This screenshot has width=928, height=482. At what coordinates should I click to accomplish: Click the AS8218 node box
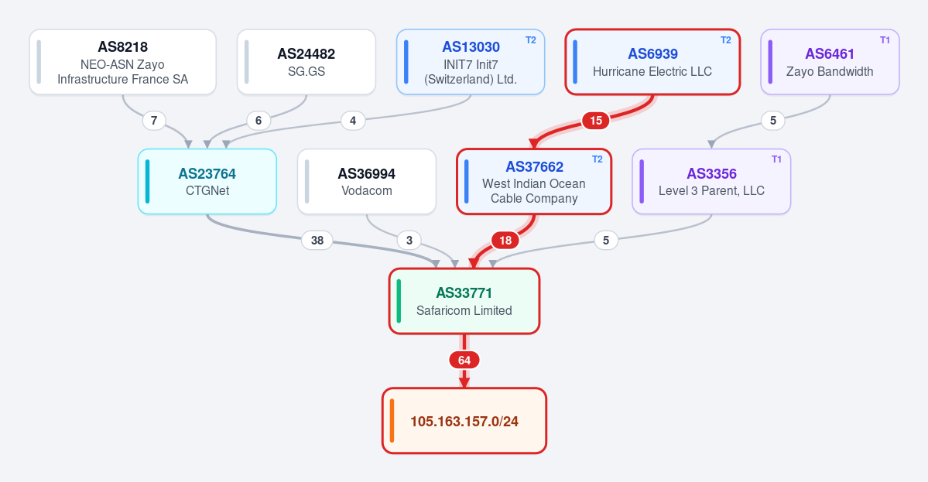[x=122, y=62]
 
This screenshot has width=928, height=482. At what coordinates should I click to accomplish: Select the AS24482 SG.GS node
[x=306, y=62]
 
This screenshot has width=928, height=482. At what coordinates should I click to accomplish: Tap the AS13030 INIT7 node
[x=471, y=62]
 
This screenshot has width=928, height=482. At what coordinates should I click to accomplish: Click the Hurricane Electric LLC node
[x=652, y=62]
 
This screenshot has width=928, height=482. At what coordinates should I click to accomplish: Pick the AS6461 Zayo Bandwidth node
[x=830, y=62]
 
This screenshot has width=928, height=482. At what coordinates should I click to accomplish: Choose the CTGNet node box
[x=207, y=182]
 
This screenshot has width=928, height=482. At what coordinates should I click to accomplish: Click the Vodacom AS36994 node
[x=367, y=182]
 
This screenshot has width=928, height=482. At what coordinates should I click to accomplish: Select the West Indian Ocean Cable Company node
[x=534, y=182]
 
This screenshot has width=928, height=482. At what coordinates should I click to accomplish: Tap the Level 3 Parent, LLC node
[x=711, y=182]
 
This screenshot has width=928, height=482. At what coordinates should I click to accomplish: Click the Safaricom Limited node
[x=464, y=301]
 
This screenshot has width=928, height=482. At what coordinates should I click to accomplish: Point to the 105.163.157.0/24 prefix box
[x=464, y=421]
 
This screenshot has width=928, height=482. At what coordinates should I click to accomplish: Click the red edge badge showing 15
[x=596, y=121]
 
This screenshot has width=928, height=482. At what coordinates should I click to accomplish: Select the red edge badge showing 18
[x=505, y=240]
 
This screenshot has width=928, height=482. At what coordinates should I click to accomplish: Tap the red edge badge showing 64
[x=464, y=361]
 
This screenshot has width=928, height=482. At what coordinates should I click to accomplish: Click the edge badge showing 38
[x=317, y=240]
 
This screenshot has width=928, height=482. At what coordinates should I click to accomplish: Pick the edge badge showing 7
[x=154, y=121]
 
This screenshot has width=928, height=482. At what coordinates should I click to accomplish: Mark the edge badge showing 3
[x=409, y=240]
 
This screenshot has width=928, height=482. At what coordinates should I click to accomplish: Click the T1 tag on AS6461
[x=885, y=40]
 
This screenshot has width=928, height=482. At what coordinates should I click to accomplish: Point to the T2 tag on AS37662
[x=598, y=159]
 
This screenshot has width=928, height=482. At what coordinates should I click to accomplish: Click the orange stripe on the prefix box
[x=392, y=421]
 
